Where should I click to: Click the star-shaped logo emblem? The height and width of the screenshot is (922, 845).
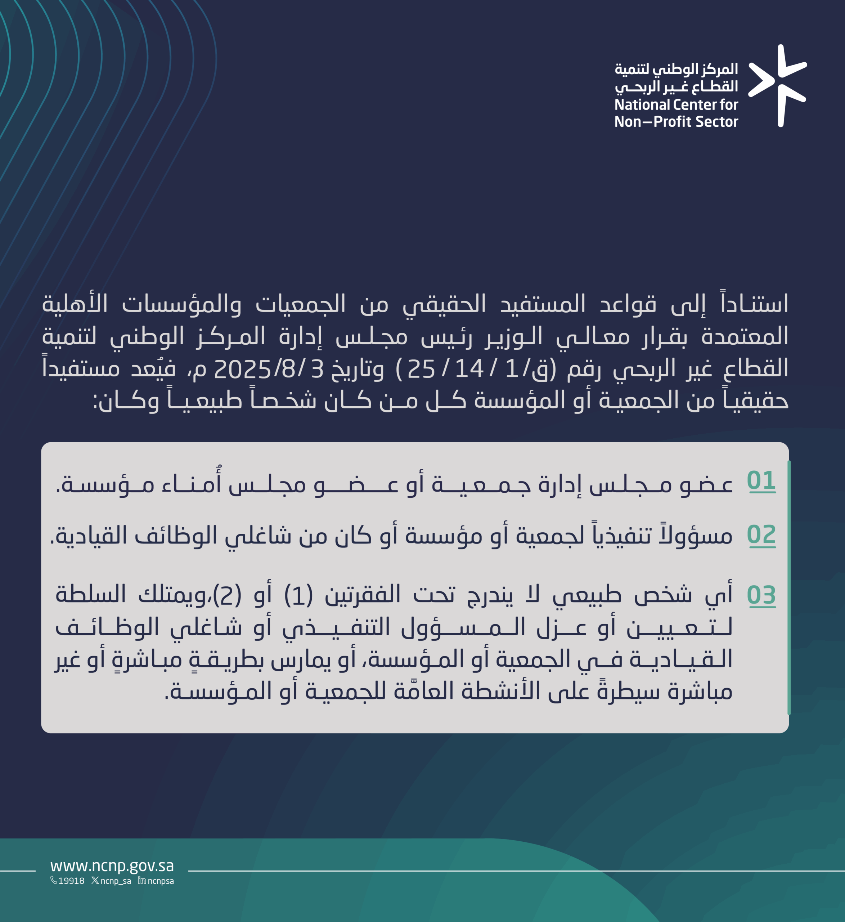coord(777,85)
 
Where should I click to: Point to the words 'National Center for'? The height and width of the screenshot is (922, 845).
coord(676,105)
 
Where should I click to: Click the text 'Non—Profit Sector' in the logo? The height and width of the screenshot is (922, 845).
coord(676,122)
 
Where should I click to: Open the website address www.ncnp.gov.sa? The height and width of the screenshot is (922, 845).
coord(112,866)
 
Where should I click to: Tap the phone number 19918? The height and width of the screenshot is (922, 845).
coord(71,881)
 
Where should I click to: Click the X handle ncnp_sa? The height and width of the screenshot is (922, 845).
coord(116,881)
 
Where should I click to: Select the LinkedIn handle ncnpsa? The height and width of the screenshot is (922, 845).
coord(161,881)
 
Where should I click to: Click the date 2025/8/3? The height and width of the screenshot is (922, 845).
coord(269,368)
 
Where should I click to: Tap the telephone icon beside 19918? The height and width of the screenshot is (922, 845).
coord(54,880)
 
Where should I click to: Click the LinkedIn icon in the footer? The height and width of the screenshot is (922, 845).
coord(142,880)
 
